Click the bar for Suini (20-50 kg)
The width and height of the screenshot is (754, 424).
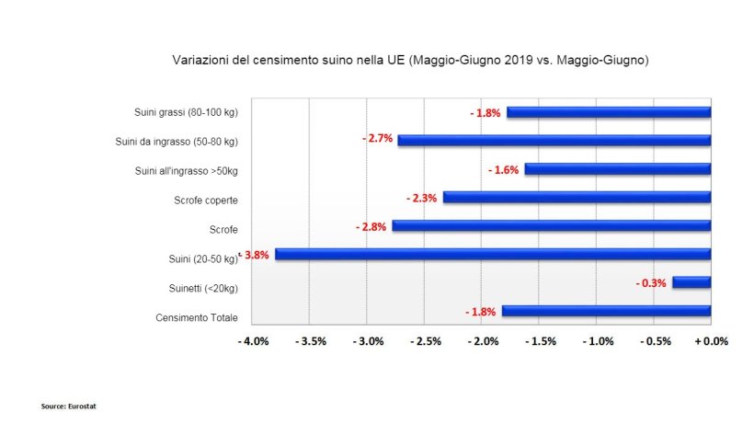(x=493, y=255)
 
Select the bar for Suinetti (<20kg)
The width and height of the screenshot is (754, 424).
(x=691, y=282)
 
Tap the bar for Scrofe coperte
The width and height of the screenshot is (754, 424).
(x=577, y=198)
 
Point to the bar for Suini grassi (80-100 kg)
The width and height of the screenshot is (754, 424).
(x=609, y=113)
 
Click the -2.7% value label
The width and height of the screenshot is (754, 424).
(x=378, y=139)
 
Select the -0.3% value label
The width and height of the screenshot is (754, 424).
(x=651, y=283)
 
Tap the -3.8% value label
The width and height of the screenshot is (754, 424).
(x=256, y=255)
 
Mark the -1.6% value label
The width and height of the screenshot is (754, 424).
(x=504, y=170)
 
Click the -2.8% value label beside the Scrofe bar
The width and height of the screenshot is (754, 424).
(x=371, y=226)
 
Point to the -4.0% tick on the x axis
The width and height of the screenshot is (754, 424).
(x=253, y=342)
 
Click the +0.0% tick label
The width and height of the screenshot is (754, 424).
(x=711, y=342)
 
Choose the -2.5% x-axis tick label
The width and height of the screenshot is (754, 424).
(x=425, y=342)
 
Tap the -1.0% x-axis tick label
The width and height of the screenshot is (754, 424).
(x=597, y=342)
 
